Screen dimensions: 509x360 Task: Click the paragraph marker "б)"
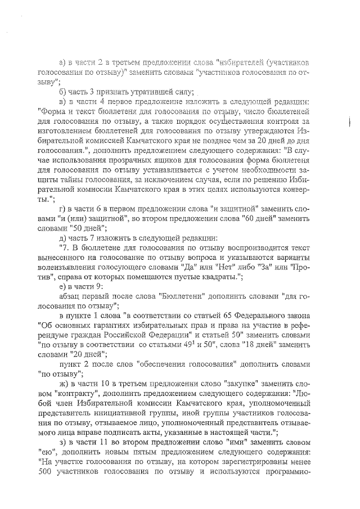pos(62,92)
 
